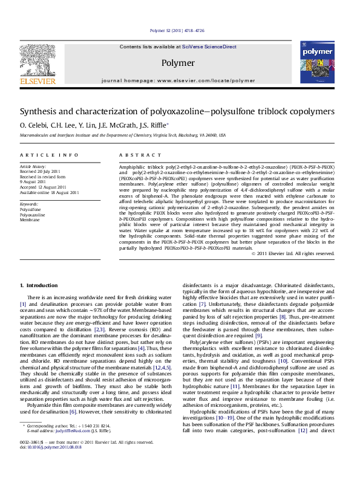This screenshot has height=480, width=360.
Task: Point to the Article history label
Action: click(33, 166)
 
